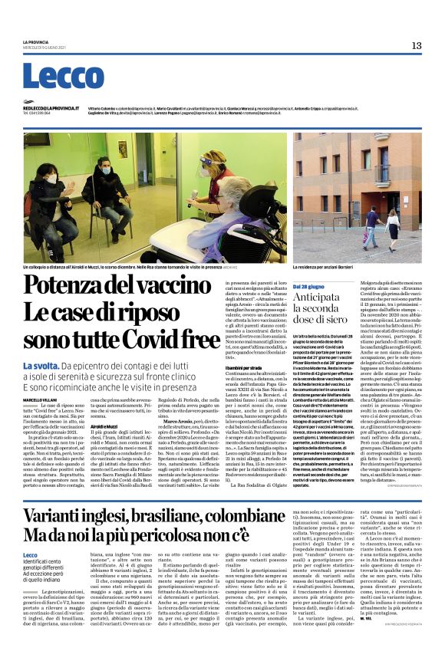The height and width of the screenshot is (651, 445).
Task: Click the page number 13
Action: pos(416,45)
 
